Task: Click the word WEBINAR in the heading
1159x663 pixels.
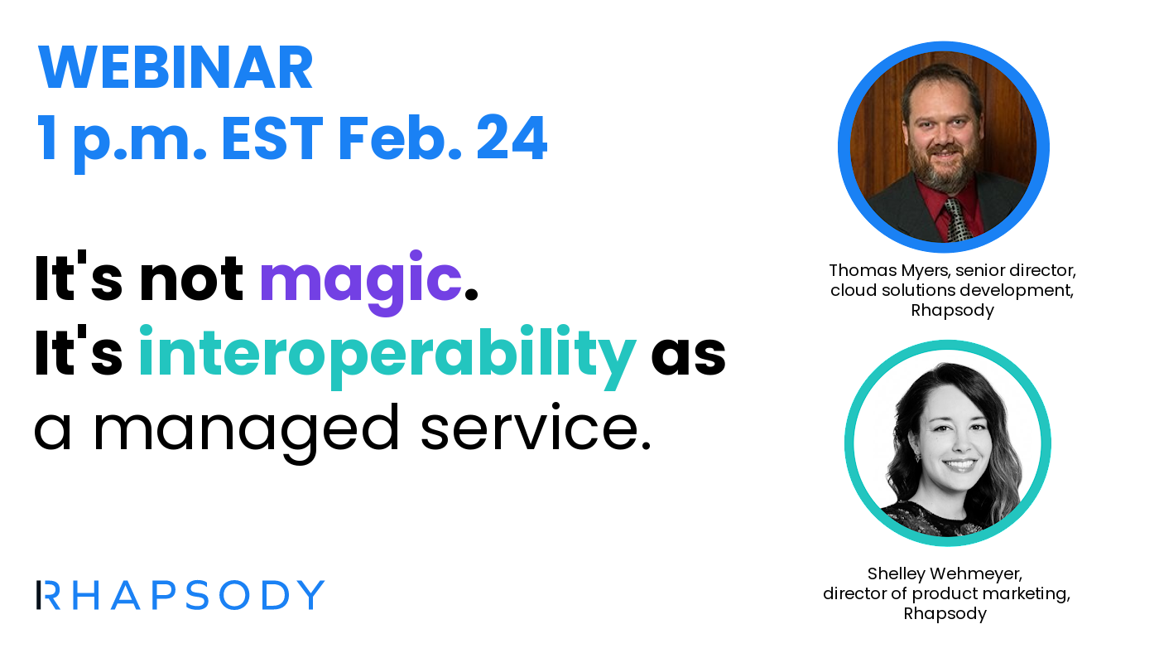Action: tap(176, 68)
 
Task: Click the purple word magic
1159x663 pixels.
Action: tap(360, 280)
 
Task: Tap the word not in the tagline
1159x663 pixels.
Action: tap(191, 280)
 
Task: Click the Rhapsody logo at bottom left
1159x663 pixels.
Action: tap(180, 595)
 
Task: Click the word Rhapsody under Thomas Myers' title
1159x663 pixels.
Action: tap(952, 310)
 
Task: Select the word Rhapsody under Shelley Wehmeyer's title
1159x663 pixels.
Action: tap(945, 613)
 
